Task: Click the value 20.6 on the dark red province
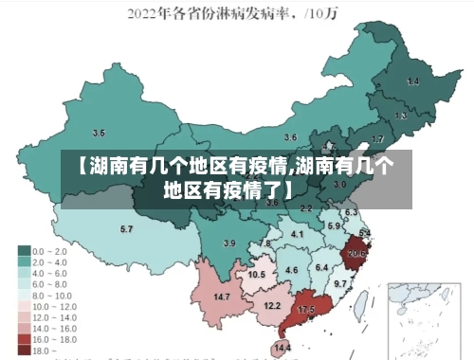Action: [357, 253]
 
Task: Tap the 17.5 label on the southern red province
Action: [306, 310]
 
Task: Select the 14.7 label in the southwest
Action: [223, 297]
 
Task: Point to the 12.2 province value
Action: [272, 305]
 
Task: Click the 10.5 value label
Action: [257, 274]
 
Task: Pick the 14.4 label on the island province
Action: [283, 348]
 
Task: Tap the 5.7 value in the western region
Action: [126, 228]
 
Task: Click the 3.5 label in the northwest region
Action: [99, 133]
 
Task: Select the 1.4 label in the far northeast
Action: [412, 82]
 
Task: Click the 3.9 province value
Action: [228, 243]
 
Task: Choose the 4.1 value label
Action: [298, 233]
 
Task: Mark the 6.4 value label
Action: [321, 267]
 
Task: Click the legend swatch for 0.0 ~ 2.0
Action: [24, 251]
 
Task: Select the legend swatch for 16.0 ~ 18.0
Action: [24, 337]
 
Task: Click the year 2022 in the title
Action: [145, 14]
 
